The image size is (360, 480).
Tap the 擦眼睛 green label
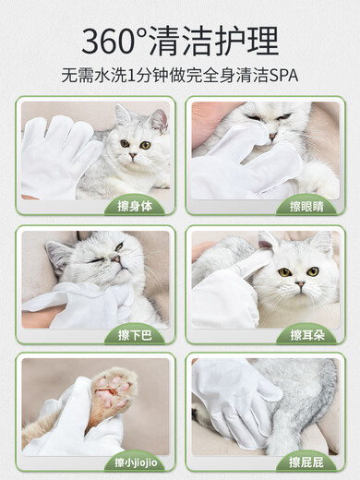tap(306, 204)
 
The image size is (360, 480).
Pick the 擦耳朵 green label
tap(306, 333)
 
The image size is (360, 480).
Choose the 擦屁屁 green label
tap(306, 461)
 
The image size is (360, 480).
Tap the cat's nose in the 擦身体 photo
tap(135, 155)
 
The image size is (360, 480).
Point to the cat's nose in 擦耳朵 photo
tap(297, 284)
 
